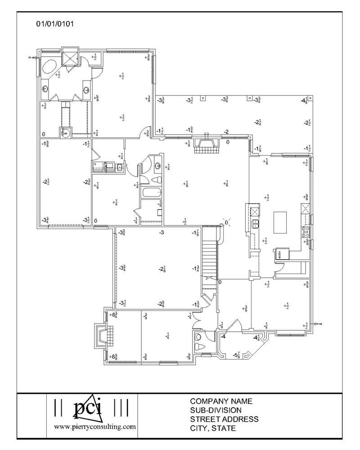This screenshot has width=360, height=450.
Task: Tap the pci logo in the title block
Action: click(x=89, y=407)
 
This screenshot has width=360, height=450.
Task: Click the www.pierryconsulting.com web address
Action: click(x=94, y=426)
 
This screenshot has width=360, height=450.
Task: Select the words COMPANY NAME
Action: click(x=221, y=401)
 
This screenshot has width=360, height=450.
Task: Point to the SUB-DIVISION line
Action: click(x=216, y=410)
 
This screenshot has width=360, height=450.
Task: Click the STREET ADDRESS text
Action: click(x=224, y=419)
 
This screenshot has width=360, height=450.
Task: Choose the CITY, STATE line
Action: click(x=213, y=428)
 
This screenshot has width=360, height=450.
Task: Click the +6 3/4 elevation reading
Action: click(x=114, y=315)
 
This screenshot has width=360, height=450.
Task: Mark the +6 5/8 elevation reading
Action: click(x=114, y=357)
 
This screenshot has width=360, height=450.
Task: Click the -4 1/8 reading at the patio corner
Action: click(x=305, y=100)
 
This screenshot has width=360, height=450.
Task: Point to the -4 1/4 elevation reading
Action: click(x=256, y=337)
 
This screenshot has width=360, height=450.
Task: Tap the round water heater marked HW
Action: click(x=64, y=133)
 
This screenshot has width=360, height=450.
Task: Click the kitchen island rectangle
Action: click(x=280, y=223)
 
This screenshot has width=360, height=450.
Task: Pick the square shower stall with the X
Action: click(x=70, y=56)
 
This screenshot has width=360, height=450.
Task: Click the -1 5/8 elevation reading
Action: click(x=45, y=144)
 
